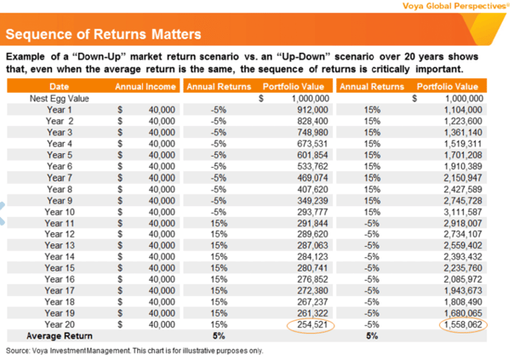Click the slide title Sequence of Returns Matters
[x=103, y=34]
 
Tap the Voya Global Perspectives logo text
[x=456, y=6]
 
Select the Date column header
[x=59, y=87]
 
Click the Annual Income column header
[x=146, y=87]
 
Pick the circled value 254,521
[x=312, y=324]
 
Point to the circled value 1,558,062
[x=463, y=324]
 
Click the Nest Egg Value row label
[x=59, y=99]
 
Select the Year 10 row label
[x=60, y=212]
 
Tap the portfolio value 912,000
[x=312, y=110]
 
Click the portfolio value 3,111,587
[x=463, y=212]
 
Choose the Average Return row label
[x=60, y=336]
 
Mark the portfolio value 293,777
[x=312, y=212]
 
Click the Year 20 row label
[x=60, y=324]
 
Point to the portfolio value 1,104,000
[x=463, y=110]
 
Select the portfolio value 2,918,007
[x=463, y=223]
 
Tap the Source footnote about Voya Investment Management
[x=134, y=351]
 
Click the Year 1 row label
[x=60, y=110]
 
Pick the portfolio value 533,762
[x=312, y=166]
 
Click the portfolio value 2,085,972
[x=463, y=279]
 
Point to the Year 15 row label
[x=60, y=268]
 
